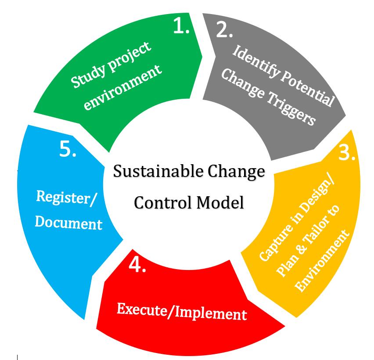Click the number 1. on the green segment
click(181, 27)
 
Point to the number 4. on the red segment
click(137, 265)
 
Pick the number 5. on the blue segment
click(68, 150)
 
